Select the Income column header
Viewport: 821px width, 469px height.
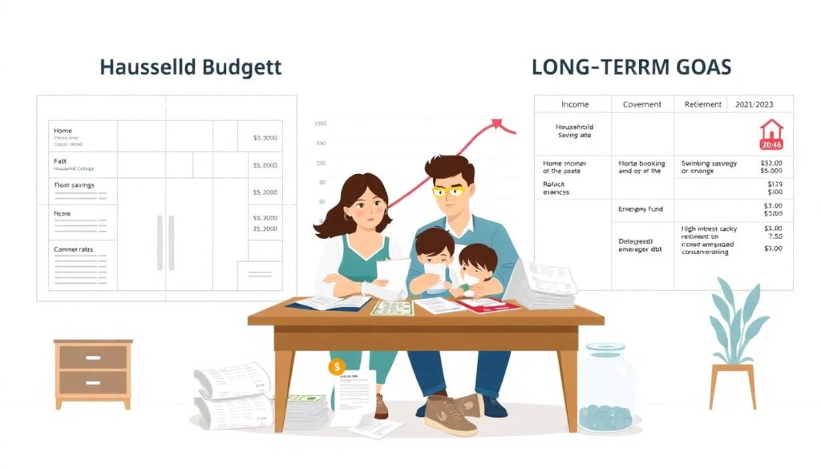click(x=574, y=104)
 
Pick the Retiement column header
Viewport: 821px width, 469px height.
click(x=703, y=104)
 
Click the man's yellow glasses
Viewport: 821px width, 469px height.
click(x=449, y=191)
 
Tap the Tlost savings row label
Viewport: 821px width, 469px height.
click(x=74, y=185)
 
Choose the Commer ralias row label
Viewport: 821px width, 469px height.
click(x=73, y=249)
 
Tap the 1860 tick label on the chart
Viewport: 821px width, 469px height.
click(x=320, y=124)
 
